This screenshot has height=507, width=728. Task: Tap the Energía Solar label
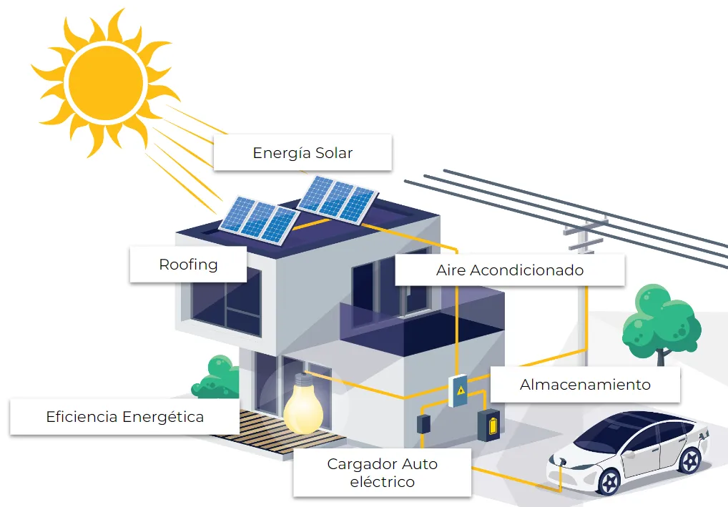coord(302,152)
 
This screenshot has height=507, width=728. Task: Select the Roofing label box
coord(188,265)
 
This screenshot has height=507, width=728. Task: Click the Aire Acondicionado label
coord(509,270)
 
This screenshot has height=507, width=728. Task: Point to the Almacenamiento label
coord(584,385)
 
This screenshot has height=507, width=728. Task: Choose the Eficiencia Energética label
coord(124,416)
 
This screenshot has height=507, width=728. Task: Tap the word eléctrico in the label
coord(382,482)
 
